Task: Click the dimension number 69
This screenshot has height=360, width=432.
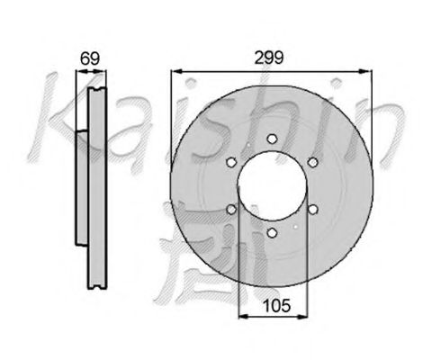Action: coord(88,58)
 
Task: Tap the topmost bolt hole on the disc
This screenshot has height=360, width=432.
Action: coord(272,139)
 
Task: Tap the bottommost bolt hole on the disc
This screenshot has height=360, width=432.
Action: coord(272,232)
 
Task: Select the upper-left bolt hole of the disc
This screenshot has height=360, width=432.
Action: coord(231,162)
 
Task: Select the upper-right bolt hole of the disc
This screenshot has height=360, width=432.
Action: coord(312,162)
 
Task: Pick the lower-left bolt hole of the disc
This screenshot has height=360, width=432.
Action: coord(231,209)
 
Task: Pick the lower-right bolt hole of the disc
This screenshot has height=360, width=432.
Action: coord(312,209)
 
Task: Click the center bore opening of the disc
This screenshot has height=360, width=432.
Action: coord(272,185)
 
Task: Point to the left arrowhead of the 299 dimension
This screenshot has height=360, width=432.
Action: coord(174,71)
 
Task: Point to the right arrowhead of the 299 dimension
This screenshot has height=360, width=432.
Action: coord(369,71)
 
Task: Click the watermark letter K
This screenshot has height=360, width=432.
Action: coord(49,121)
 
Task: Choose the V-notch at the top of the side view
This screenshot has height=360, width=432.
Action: coord(94,90)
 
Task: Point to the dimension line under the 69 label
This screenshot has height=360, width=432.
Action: coord(89,72)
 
